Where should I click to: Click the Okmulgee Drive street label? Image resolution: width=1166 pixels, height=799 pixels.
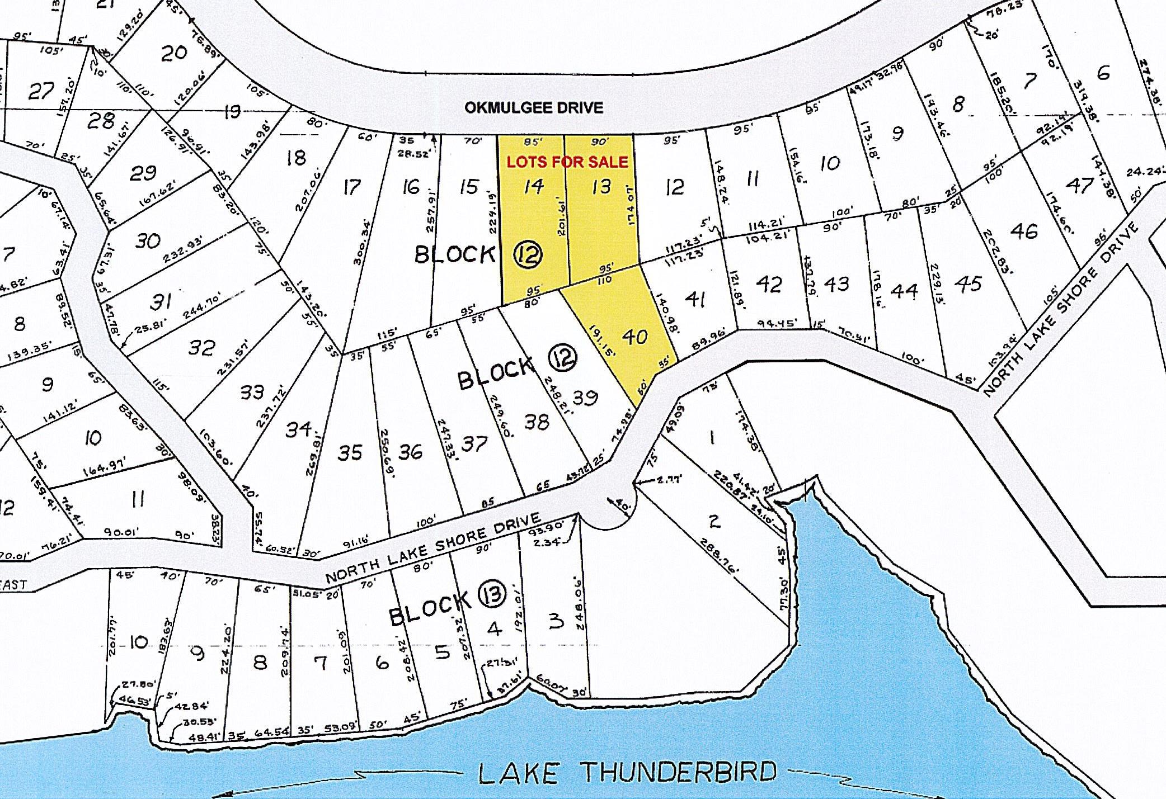point(534,107)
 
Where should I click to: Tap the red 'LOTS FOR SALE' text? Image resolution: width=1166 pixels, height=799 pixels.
point(567,162)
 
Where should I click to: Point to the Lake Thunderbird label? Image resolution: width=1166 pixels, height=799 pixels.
point(627,773)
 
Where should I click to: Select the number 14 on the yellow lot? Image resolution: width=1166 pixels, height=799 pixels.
point(533,186)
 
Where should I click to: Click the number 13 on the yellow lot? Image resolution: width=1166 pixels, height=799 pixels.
point(601,186)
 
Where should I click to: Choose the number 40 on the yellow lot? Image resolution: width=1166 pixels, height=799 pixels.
point(634,337)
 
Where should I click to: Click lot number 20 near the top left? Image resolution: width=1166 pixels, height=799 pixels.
point(173,53)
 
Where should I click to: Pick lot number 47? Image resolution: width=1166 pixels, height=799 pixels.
point(1079,185)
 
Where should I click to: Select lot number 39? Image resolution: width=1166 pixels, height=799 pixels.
point(585,398)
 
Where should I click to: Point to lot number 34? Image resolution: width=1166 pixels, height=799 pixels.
point(298,429)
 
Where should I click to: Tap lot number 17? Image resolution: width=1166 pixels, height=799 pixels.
point(351,187)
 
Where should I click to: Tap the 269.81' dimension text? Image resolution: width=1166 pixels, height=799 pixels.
point(314,453)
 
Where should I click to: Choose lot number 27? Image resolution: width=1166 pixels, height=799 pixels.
point(41,91)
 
